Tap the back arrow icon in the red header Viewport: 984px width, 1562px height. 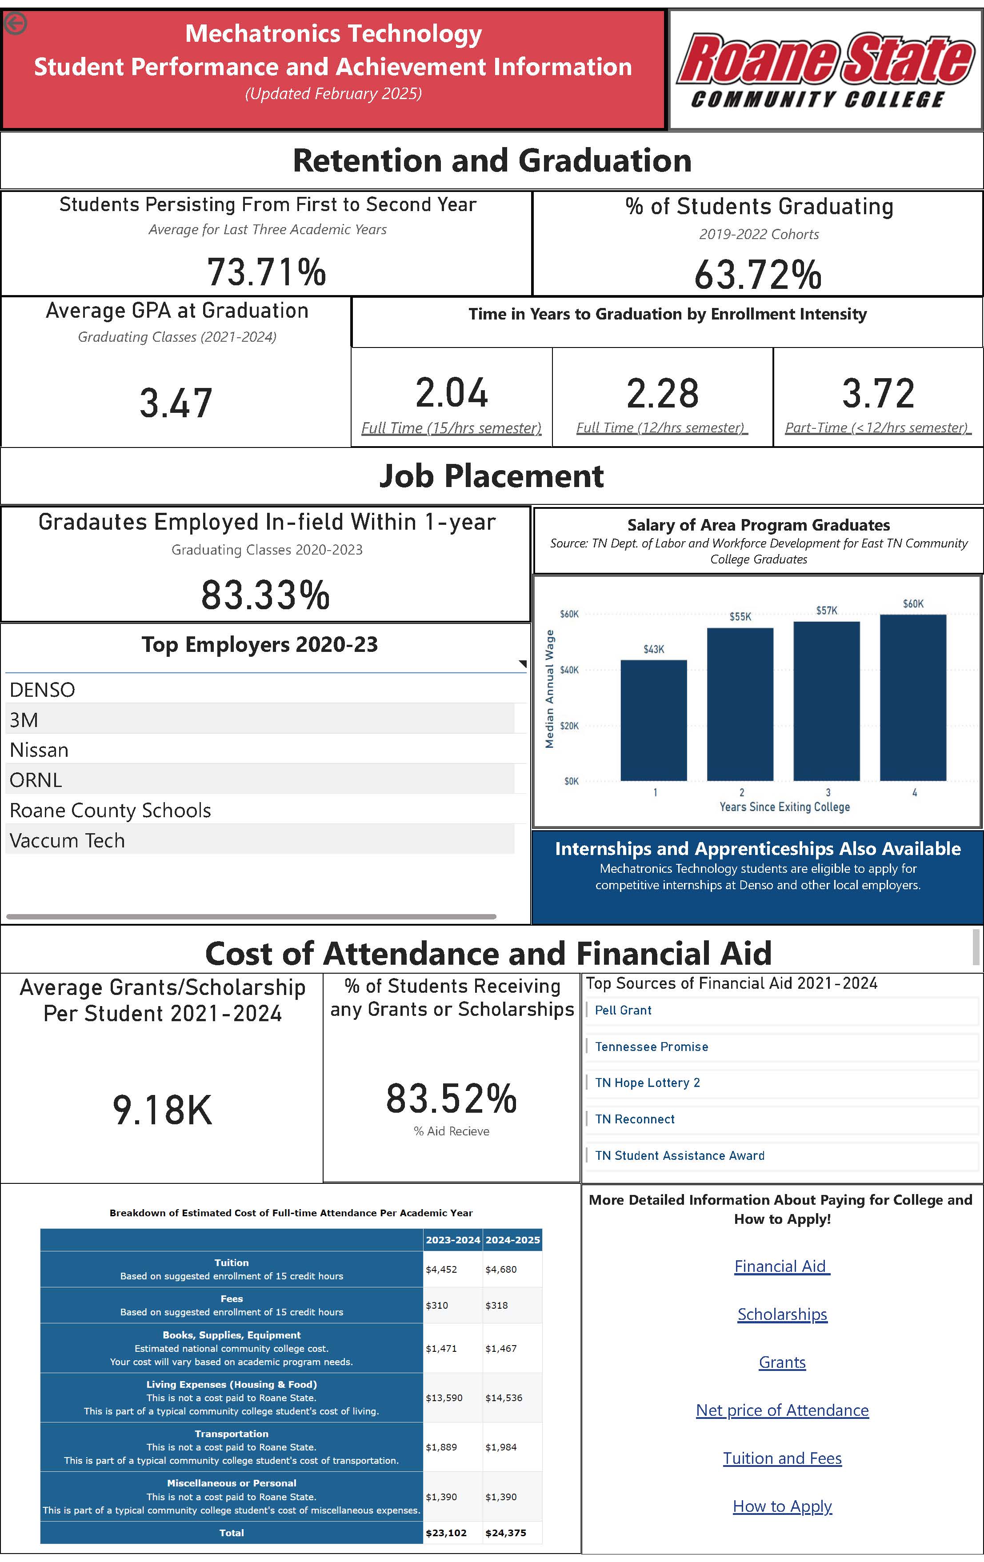pyautogui.click(x=16, y=24)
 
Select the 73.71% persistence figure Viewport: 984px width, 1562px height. pyautogui.click(x=267, y=272)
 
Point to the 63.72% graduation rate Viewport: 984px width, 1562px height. pyautogui.click(x=758, y=274)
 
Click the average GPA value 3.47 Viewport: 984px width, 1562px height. pyautogui.click(x=176, y=403)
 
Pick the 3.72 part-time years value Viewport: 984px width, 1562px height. pyautogui.click(x=878, y=393)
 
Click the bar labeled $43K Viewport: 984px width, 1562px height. pyautogui.click(x=653, y=720)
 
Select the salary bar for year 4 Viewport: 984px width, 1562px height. pyautogui.click(x=912, y=697)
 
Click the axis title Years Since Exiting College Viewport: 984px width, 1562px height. pyautogui.click(x=784, y=807)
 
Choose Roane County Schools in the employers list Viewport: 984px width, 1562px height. pyautogui.click(x=110, y=810)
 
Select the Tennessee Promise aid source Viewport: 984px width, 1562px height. pyautogui.click(x=651, y=1047)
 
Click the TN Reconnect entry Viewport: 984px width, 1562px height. pyautogui.click(x=634, y=1119)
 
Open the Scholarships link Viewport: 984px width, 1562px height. pyautogui.click(x=782, y=1314)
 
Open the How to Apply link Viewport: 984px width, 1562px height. pyautogui.click(x=782, y=1506)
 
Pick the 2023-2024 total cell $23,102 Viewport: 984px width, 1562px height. pyautogui.click(x=446, y=1533)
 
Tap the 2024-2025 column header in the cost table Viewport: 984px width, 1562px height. pyautogui.click(x=512, y=1240)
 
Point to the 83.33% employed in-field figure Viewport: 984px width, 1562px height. pyautogui.click(x=265, y=595)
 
